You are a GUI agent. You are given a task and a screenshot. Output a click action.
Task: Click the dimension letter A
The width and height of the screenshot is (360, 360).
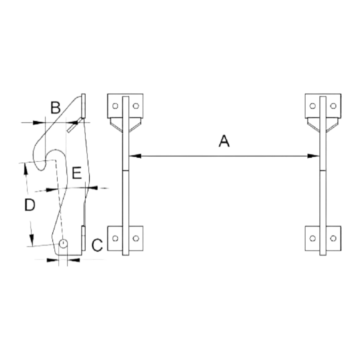(x=224, y=141)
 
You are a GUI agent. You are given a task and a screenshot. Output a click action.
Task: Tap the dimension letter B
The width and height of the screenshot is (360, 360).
(x=55, y=108)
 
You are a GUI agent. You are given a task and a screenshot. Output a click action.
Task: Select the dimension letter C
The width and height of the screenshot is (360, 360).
(x=97, y=245)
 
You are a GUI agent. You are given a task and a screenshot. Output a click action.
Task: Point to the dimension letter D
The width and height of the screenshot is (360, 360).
(x=30, y=205)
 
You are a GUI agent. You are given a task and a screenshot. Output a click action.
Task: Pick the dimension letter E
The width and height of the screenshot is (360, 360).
(x=77, y=173)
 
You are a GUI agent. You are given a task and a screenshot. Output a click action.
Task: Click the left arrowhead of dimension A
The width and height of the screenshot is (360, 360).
(x=135, y=156)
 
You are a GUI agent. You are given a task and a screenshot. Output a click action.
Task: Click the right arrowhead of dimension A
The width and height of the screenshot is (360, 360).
(x=314, y=156)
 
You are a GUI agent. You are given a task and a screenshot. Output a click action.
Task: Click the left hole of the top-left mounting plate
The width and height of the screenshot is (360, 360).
(x=115, y=106)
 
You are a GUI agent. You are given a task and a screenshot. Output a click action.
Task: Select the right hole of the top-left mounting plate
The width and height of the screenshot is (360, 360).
(x=136, y=106)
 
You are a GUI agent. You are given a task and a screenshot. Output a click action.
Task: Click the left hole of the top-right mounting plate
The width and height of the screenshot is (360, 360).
(x=312, y=106)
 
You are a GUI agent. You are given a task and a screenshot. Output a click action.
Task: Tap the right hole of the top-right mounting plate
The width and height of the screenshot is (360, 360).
(x=333, y=106)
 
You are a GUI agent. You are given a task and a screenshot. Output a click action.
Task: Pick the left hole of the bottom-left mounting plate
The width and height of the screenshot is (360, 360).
(x=115, y=238)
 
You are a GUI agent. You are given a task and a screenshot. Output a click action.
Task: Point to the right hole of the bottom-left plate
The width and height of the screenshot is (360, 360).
(x=136, y=238)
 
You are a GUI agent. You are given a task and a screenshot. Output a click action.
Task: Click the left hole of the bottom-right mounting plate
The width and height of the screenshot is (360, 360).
(x=312, y=238)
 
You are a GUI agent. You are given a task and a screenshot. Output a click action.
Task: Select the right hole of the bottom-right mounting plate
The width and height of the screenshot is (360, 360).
(x=333, y=238)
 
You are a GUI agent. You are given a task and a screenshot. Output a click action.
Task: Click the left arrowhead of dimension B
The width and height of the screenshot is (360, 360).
(x=39, y=123)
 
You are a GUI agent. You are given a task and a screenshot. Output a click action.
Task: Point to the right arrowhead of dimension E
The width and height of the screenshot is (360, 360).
(x=91, y=188)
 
